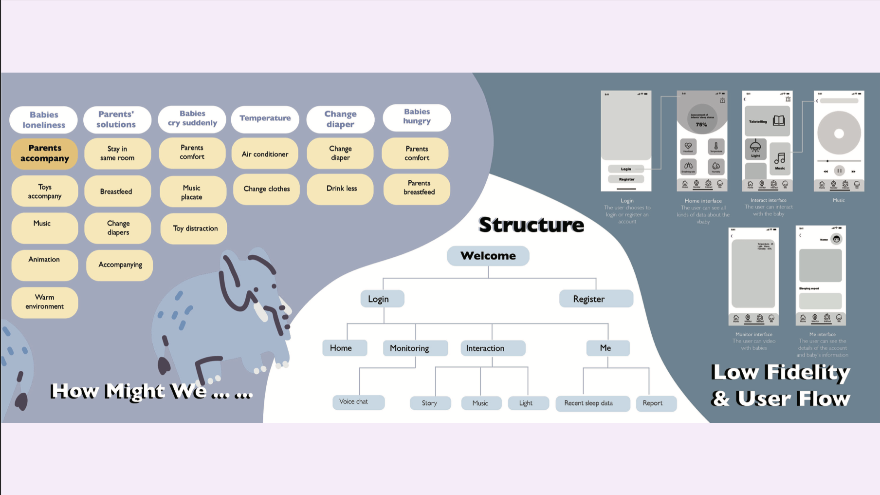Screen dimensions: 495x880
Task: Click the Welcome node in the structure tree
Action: [488, 256]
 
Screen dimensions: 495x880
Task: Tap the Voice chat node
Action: [358, 402]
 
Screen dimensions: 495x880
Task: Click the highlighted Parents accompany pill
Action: [45, 153]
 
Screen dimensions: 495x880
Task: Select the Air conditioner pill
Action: [265, 154]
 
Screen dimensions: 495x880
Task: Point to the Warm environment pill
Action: [45, 302]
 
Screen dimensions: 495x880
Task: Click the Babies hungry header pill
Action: [417, 117]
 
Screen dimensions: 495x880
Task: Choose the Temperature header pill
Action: [265, 118]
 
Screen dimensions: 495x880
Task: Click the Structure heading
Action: [531, 225]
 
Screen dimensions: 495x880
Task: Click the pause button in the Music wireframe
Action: [839, 171]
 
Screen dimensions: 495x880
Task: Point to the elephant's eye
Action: [274, 286]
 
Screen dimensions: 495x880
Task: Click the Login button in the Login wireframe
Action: [626, 169]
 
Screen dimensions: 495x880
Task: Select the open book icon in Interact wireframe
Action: [779, 121]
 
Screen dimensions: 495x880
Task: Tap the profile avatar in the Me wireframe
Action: [836, 239]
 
